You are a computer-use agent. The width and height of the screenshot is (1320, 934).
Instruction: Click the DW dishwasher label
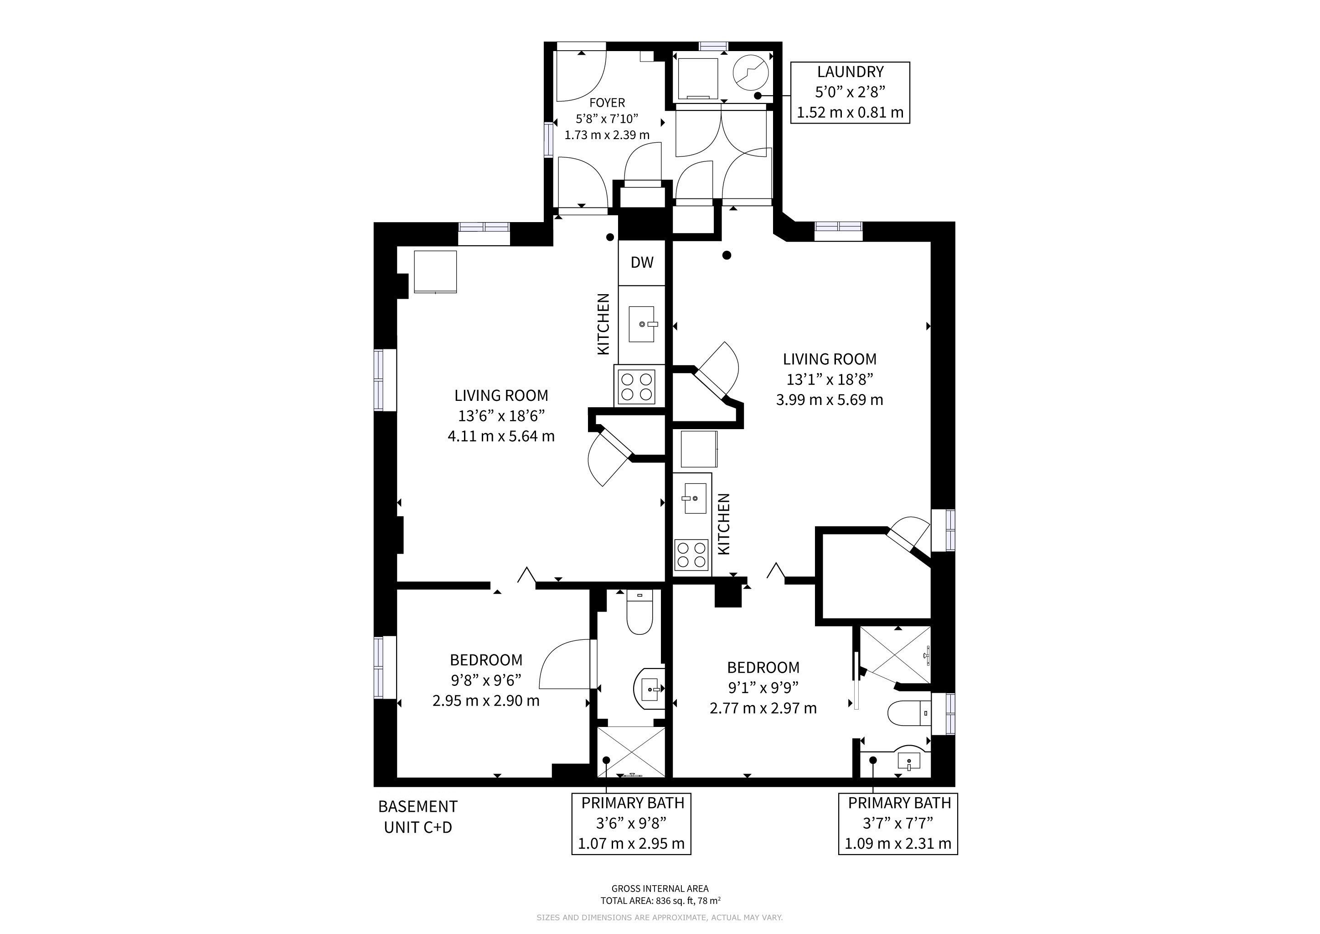[x=642, y=263]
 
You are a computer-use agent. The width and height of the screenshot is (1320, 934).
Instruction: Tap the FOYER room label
[x=607, y=103]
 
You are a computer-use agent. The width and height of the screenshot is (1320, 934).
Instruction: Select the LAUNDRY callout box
[x=850, y=93]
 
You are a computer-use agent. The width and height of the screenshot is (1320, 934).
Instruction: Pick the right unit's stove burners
[x=691, y=555]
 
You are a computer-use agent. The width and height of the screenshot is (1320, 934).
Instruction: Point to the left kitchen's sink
[x=642, y=324]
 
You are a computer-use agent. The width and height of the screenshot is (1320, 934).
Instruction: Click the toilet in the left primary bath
[x=639, y=612]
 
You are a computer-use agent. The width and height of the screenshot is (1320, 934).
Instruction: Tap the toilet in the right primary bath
[x=909, y=714]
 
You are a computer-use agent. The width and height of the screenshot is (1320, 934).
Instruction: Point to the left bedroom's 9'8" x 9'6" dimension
[x=486, y=680]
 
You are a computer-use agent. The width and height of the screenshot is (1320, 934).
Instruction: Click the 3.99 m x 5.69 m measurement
[x=830, y=400]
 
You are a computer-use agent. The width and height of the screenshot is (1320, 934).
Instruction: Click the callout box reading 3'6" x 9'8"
[x=631, y=824]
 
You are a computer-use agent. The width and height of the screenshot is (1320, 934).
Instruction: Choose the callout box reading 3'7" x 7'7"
[x=898, y=824]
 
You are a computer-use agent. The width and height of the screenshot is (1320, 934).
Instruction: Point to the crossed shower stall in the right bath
[x=895, y=656]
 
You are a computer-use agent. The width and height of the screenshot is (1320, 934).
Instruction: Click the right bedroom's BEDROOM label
[x=763, y=667]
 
